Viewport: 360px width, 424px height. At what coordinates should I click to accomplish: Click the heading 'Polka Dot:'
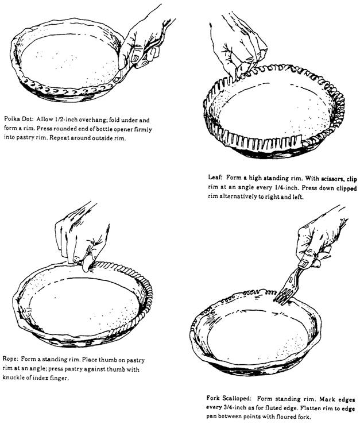coord(19,120)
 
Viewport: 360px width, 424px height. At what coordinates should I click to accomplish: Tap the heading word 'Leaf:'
coord(215,178)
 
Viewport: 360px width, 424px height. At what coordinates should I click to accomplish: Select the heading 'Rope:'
coord(10,359)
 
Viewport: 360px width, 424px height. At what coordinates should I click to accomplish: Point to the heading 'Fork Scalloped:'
coord(229,398)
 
